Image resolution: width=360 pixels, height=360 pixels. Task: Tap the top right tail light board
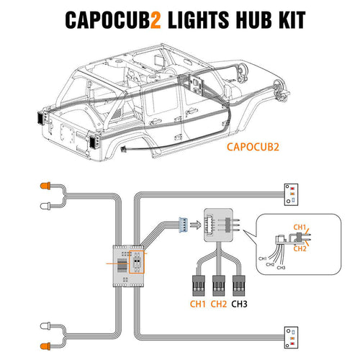(x=292, y=193)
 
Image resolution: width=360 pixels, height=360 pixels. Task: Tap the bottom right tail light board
(x=292, y=333)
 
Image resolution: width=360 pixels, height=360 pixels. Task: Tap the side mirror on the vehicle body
(x=195, y=81)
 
